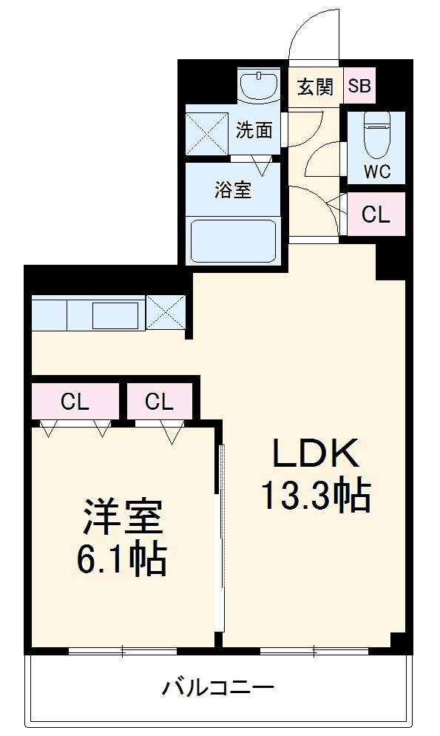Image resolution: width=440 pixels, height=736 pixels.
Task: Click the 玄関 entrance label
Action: (x=315, y=87)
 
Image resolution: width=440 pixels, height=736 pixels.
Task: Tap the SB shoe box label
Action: (x=359, y=87)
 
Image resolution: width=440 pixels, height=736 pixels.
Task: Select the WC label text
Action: (x=376, y=172)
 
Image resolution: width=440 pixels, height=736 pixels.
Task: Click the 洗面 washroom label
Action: (x=254, y=131)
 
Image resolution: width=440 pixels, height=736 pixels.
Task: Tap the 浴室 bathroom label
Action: (x=233, y=190)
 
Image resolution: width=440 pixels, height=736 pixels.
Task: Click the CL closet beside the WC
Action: (x=376, y=215)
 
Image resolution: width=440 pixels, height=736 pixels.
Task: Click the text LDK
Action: (x=316, y=453)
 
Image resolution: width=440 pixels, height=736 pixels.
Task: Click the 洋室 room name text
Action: (x=123, y=518)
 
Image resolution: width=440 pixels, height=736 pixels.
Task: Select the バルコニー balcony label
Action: (x=218, y=689)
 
